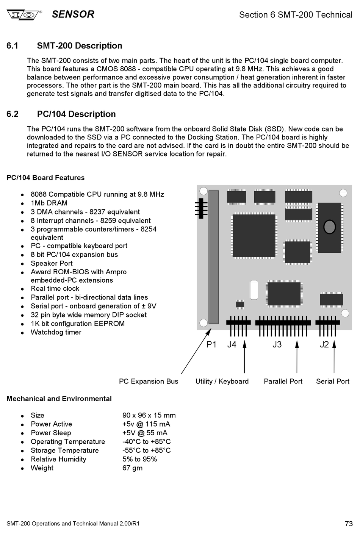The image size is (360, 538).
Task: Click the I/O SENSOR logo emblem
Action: coord(23,15)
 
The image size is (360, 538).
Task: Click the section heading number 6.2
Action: coord(13,114)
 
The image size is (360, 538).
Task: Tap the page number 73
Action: coord(349,523)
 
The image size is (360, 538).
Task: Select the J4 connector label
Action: coord(232,345)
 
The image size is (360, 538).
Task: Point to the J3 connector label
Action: coord(277,345)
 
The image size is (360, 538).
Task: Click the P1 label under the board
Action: coord(211,345)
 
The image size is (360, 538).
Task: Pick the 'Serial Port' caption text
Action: coord(333,382)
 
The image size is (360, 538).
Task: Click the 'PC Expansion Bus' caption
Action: coord(149,382)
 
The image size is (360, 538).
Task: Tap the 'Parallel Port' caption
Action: coord(283,382)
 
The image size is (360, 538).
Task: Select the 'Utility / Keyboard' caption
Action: coord(222,382)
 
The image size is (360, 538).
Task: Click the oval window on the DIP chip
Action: coord(330,227)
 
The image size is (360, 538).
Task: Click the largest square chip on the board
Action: coord(254,236)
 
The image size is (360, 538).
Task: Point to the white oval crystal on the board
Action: coord(254,290)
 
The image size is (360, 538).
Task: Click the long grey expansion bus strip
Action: coord(213,257)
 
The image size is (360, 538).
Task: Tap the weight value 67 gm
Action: coord(132,468)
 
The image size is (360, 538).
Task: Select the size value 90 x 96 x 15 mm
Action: coord(149,415)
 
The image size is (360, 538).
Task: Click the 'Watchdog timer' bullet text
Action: coord(56,332)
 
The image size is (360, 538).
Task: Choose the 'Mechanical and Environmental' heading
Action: coord(59,399)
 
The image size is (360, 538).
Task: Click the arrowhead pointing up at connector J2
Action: coord(334,344)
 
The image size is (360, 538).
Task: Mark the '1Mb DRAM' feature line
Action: coord(49,203)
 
